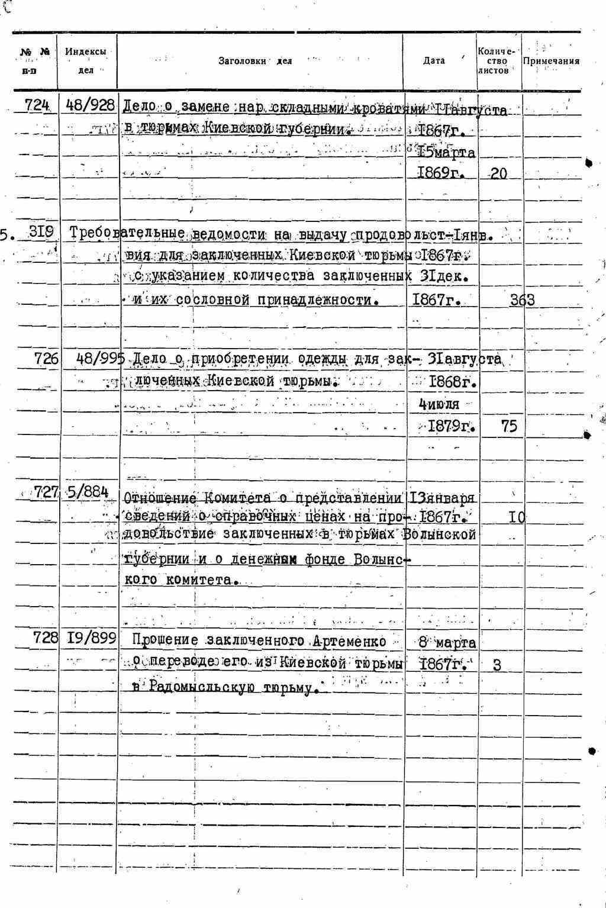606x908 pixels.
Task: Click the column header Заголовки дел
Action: click(255, 61)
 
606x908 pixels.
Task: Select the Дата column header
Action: click(434, 61)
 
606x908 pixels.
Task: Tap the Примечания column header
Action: click(551, 61)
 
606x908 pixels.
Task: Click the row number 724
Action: click(37, 105)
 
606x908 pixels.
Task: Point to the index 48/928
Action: click(91, 105)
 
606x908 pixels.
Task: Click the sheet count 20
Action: click(498, 174)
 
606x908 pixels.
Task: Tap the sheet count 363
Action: click(522, 300)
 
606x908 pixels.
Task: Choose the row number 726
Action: click(46, 359)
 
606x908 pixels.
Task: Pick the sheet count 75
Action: click(508, 426)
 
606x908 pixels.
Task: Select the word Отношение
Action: click(155, 497)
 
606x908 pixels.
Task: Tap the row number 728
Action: click(46, 637)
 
